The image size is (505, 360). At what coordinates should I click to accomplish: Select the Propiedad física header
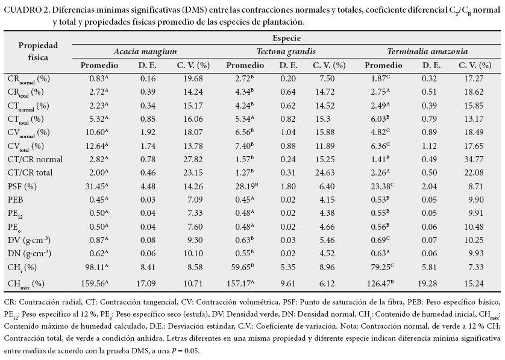pos(38,51)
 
